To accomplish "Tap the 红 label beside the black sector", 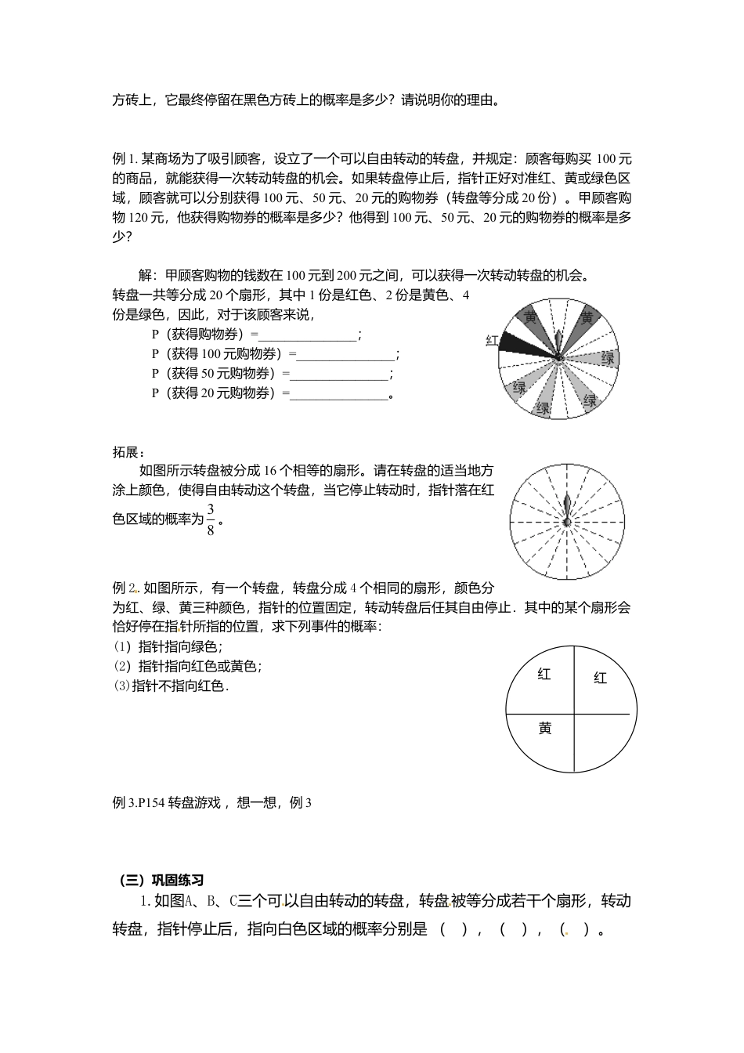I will (x=492, y=340).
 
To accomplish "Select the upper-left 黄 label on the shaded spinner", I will (x=532, y=317).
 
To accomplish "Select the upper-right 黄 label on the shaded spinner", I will (x=587, y=317).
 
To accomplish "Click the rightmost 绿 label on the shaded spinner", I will (x=608, y=358).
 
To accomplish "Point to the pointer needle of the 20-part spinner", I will (x=558, y=345).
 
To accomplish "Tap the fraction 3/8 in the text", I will (x=210, y=519).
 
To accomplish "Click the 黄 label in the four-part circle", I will (x=545, y=729).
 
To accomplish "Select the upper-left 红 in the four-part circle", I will (x=544, y=674).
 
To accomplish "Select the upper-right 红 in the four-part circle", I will (x=600, y=678).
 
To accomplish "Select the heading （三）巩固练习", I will (x=161, y=880).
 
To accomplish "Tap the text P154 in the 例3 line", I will (x=151, y=802).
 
